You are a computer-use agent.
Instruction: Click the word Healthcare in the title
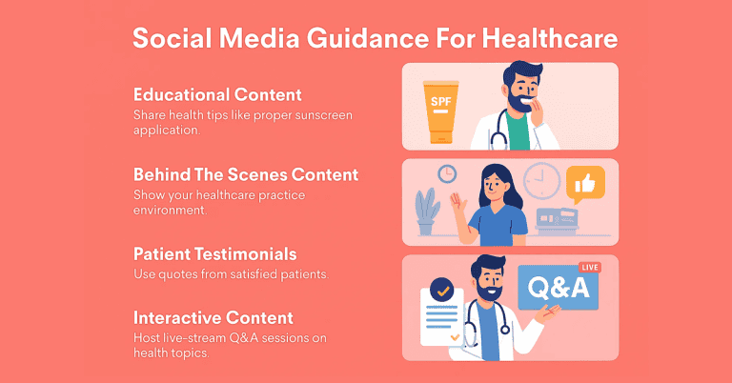pyautogui.click(x=549, y=38)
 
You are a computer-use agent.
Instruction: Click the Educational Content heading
pyautogui.click(x=217, y=94)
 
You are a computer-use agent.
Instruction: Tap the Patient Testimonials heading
pyautogui.click(x=215, y=254)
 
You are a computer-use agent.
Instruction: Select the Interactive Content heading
pyautogui.click(x=213, y=317)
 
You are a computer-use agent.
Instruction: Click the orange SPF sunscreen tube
pyautogui.click(x=440, y=112)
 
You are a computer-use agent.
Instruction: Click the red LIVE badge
pyautogui.click(x=590, y=268)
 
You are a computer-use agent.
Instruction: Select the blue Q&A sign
pyautogui.click(x=559, y=288)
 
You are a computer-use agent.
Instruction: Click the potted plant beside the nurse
pyautogui.click(x=427, y=212)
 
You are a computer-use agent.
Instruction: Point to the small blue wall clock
pyautogui.click(x=447, y=174)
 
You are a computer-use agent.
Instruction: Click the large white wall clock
pyautogui.click(x=542, y=180)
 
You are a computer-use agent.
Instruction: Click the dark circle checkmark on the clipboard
pyautogui.click(x=441, y=291)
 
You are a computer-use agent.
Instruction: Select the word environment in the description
pyautogui.click(x=170, y=211)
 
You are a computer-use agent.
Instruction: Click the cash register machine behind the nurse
pyautogui.click(x=557, y=220)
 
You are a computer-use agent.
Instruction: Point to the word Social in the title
pyautogui.click(x=173, y=38)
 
